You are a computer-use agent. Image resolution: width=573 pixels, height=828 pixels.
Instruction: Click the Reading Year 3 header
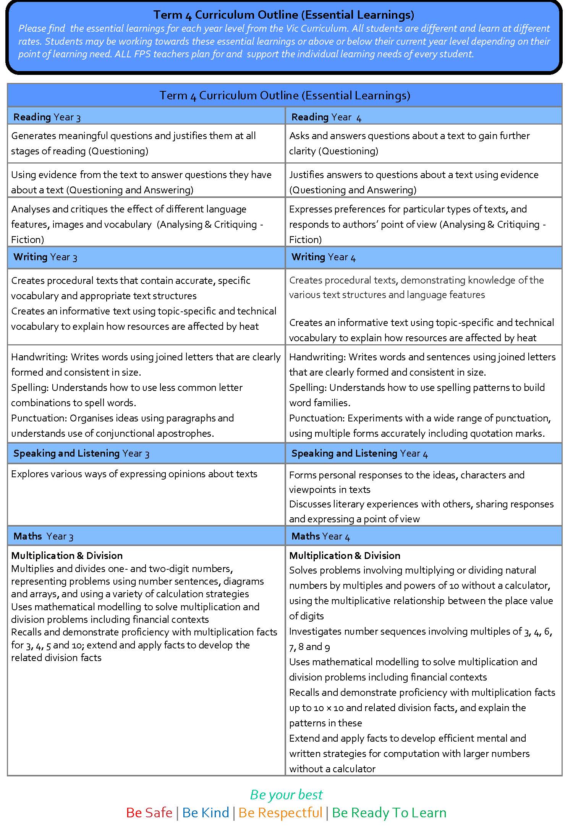click(x=47, y=117)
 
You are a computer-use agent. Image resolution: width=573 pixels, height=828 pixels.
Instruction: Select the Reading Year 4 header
click(x=326, y=117)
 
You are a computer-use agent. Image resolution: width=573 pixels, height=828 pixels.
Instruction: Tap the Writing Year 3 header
click(x=45, y=257)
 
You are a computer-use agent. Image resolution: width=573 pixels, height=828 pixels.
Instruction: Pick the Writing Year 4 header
click(x=323, y=257)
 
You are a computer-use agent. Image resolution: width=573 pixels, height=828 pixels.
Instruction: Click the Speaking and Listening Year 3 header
click(x=81, y=454)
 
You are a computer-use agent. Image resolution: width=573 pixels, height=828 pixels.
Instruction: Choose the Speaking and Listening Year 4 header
click(x=359, y=454)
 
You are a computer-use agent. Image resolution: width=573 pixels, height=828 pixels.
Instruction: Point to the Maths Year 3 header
click(x=43, y=536)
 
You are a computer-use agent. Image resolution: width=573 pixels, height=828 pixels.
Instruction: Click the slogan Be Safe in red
click(x=149, y=813)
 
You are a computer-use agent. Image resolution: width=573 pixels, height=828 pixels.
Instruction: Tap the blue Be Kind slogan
click(x=206, y=813)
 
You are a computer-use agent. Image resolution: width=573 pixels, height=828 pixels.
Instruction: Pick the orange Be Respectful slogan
click(x=280, y=813)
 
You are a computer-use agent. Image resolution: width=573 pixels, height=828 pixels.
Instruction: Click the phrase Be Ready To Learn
click(x=389, y=813)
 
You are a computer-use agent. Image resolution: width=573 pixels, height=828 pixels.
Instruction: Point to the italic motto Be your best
click(x=286, y=795)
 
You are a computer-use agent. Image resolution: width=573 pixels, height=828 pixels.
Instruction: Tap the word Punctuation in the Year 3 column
click(x=39, y=418)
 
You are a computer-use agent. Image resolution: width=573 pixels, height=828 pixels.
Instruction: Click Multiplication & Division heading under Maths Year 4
click(x=345, y=556)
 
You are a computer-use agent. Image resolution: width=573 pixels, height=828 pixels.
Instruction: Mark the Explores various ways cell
click(x=134, y=474)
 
